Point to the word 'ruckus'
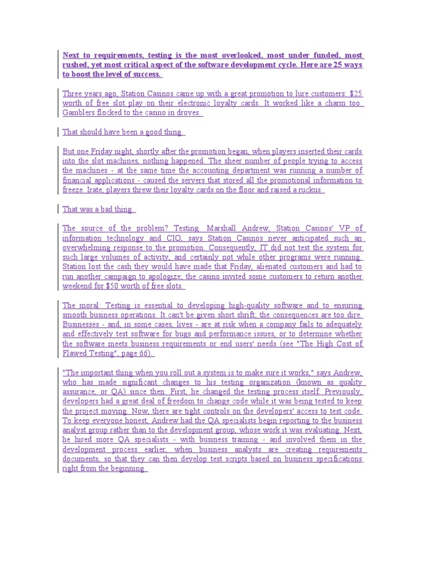coord(308,189)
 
